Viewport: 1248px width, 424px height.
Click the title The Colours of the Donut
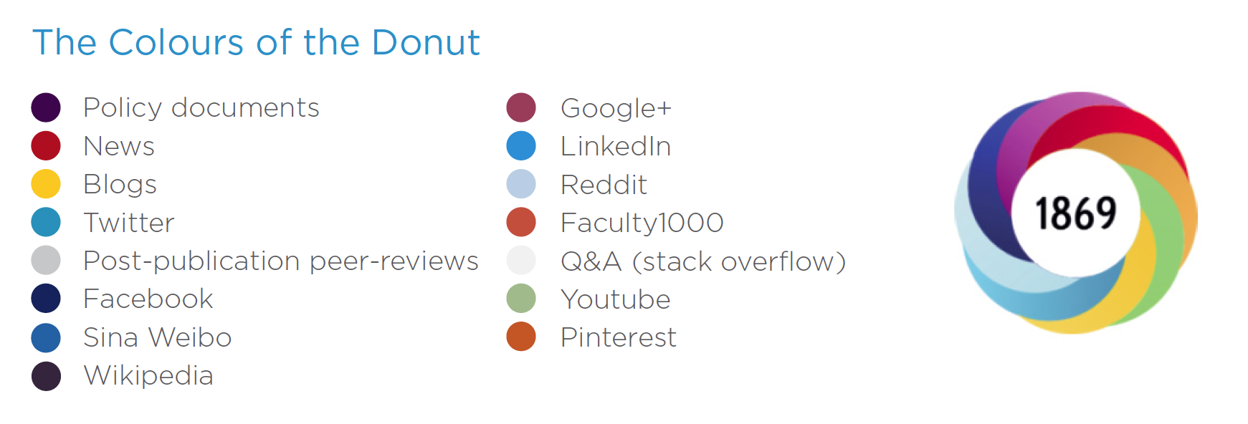[256, 42]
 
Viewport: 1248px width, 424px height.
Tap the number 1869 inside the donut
[1075, 213]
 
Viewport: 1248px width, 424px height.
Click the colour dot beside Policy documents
[46, 107]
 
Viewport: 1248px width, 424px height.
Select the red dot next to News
[46, 145]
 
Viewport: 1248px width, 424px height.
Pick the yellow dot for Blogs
[46, 183]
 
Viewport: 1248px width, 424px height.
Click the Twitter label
[129, 223]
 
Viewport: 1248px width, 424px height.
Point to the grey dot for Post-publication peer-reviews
[46, 260]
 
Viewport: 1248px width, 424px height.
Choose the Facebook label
[148, 299]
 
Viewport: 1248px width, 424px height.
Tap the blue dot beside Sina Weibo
[46, 337]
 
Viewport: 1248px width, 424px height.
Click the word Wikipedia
[148, 375]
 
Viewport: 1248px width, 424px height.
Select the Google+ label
[616, 108]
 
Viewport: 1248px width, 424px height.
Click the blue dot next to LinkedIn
[521, 145]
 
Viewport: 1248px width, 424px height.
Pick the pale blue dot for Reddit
[521, 184]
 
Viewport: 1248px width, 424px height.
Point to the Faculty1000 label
[642, 223]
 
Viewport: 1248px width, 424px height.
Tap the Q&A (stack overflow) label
[703, 261]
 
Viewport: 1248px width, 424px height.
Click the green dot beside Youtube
[521, 299]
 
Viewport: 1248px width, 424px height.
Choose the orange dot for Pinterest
[521, 337]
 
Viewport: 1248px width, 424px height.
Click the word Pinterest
[619, 337]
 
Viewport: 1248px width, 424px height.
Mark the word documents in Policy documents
[245, 107]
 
